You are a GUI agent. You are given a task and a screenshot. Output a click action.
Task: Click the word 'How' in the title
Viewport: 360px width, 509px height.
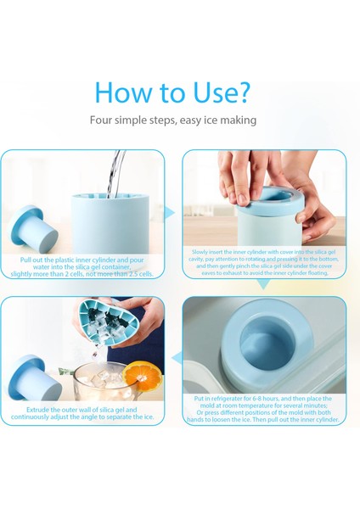coord(123,92)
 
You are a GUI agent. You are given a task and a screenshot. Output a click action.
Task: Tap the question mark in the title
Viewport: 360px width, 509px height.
coord(242,92)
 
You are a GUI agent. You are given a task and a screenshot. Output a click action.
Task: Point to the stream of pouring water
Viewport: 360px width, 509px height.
coord(116,174)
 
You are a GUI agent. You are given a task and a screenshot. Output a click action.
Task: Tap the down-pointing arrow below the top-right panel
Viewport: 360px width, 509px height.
coord(264,285)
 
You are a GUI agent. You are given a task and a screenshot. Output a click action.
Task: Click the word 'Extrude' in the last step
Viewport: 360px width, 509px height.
coord(37,410)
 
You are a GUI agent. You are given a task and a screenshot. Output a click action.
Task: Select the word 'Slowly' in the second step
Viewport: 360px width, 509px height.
coord(199,252)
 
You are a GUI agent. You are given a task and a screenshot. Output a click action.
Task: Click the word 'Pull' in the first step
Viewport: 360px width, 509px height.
coord(25,260)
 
